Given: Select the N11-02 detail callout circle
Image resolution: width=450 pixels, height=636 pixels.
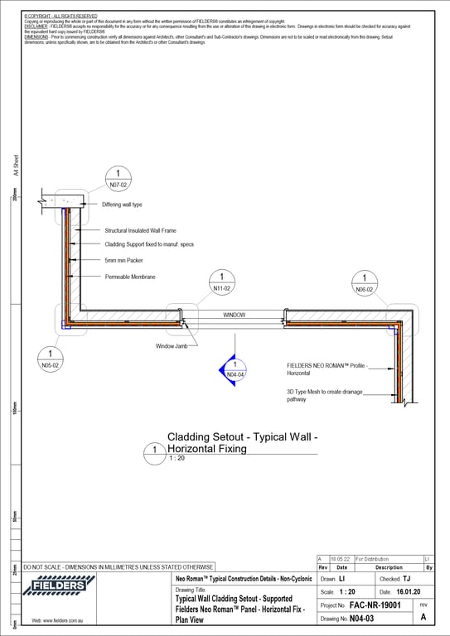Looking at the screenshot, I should coord(221,282).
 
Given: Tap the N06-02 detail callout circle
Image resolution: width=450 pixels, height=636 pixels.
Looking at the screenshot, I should coord(365,283).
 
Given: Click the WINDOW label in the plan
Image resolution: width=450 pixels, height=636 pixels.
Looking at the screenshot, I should coord(234,316).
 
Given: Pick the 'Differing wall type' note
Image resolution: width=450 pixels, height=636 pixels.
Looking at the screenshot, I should coord(122,204).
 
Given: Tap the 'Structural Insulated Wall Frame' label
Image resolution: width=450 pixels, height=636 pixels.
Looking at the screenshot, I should coord(140,230).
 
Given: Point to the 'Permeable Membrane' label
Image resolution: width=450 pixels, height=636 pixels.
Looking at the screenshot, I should coord(130,277).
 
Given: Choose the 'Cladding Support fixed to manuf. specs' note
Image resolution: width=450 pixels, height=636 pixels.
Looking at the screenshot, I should coord(148,244).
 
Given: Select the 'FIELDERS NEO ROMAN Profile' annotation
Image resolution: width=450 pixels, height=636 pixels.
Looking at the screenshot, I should coord(327,369).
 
